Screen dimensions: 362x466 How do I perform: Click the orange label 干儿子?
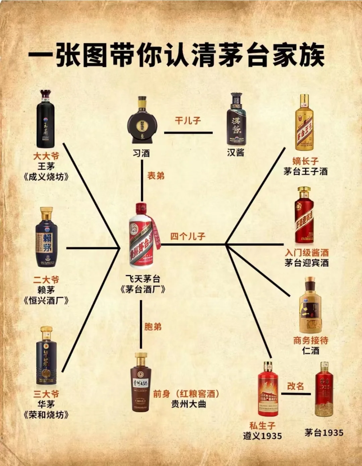pos(188,120)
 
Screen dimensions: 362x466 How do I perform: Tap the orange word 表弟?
pos(156,176)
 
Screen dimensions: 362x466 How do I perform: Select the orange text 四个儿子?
pos(187,236)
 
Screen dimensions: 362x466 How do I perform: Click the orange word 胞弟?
pos(153,326)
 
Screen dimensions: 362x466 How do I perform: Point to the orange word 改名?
pos(295,386)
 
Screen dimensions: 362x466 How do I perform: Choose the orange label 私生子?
pos(262,426)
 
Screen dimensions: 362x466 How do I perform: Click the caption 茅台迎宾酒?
pos(306,263)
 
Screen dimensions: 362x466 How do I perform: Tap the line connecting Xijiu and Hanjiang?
pos(188,133)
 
